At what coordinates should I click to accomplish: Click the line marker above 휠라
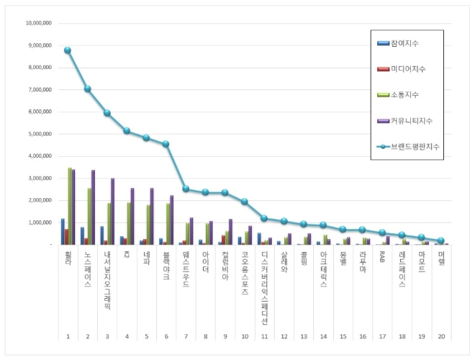[67, 50]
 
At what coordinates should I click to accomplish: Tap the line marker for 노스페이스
[87, 89]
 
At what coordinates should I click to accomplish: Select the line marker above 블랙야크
[166, 144]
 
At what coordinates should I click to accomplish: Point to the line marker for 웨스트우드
[186, 189]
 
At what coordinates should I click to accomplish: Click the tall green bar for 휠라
[70, 207]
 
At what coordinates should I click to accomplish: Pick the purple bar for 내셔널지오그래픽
[112, 211]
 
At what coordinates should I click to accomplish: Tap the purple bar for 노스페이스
[93, 207]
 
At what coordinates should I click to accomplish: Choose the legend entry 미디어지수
[407, 69]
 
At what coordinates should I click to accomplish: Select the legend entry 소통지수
[404, 94]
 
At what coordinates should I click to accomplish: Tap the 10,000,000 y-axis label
[37, 23]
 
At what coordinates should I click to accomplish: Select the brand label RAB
[382, 257]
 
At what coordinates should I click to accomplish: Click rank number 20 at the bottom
[440, 337]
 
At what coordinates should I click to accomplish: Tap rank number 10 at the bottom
[244, 337]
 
